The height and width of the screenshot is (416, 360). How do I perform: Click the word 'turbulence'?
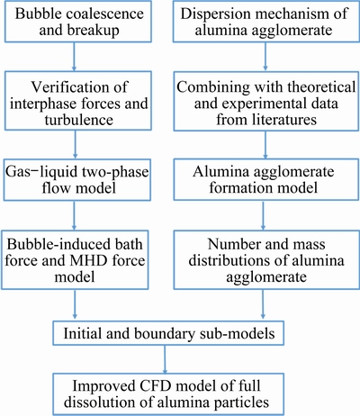pos(79,120)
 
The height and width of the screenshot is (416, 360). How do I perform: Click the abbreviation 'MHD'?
pos(89,260)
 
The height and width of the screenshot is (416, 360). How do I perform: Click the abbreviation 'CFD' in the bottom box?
pos(157,386)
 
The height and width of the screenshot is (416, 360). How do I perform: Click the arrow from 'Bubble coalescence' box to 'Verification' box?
pos(74,57)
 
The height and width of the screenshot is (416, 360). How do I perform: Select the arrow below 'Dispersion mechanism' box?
pos(265,57)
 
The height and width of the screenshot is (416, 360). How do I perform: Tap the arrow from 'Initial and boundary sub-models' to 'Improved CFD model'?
pos(165,359)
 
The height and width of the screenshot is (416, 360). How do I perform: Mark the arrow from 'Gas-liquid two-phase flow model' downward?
pos(74,215)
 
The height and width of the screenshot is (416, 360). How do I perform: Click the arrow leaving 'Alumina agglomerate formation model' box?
pos(263,215)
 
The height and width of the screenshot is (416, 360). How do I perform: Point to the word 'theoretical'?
pos(321,87)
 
